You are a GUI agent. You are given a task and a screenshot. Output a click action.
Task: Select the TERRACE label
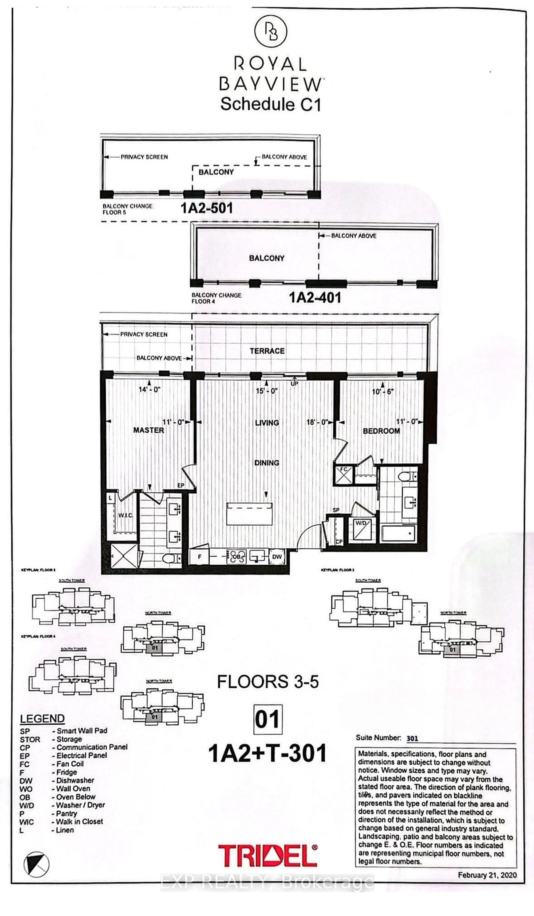click(x=267, y=351)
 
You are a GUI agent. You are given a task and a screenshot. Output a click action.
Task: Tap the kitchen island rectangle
click(x=249, y=514)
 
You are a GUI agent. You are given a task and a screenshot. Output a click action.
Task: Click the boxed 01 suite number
click(x=268, y=719)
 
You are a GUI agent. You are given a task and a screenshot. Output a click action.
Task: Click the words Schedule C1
click(x=270, y=104)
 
